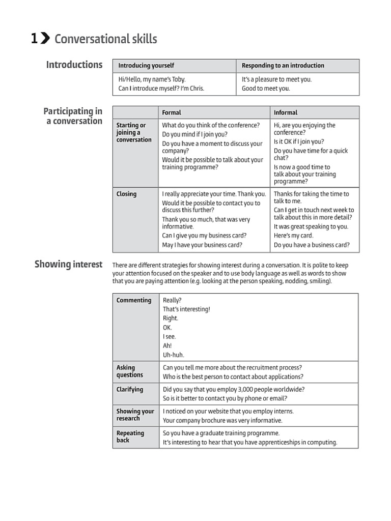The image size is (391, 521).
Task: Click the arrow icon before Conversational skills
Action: tap(45, 39)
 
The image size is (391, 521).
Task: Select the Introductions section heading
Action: tap(74, 65)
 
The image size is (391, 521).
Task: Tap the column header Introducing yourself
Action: tap(146, 66)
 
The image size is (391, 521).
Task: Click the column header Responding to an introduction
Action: tap(283, 66)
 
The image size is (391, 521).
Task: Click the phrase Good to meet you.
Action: tap(266, 89)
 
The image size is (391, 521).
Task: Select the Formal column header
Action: tap(172, 112)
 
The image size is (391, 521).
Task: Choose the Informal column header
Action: tap(286, 112)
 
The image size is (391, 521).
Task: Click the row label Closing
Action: tap(126, 194)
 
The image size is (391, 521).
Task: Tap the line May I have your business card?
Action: tap(202, 245)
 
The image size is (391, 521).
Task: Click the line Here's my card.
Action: tap(294, 236)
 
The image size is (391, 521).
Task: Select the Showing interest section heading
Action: tap(68, 264)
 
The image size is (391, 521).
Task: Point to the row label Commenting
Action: tap(134, 300)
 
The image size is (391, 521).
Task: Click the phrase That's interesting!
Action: tap(186, 309)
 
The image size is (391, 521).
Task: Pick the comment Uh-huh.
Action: tap(174, 355)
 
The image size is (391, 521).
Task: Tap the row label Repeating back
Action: tap(130, 437)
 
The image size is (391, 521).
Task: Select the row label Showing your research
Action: tap(135, 415)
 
